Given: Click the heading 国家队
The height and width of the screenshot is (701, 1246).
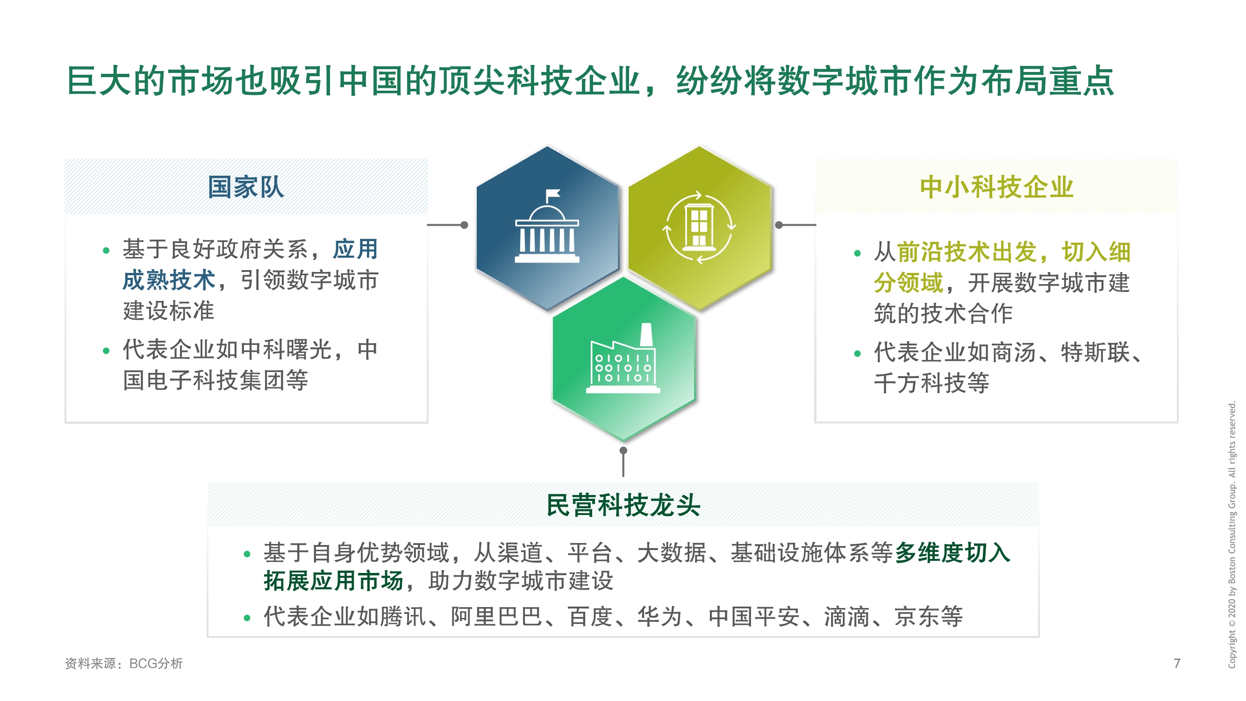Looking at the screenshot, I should [246, 187].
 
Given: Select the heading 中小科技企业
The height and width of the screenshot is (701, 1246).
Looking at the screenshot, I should [996, 187].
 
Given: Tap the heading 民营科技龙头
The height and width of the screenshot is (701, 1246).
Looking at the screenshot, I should [623, 506].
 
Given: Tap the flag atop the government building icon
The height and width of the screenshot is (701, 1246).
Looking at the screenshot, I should [553, 194].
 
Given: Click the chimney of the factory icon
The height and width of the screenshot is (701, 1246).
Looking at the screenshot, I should [646, 334].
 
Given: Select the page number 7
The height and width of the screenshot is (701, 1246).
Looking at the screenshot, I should [1177, 663].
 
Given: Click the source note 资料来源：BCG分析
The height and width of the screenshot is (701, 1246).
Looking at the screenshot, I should [124, 663].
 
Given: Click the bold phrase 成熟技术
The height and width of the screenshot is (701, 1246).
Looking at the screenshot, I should [169, 280].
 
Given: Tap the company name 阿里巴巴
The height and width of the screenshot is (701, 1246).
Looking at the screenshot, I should [496, 616].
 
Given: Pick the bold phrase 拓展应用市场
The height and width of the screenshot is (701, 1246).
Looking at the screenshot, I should [333, 580].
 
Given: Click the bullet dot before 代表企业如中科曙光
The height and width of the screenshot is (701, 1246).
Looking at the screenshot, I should [106, 351].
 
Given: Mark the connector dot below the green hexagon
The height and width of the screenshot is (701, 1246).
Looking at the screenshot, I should [623, 451].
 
